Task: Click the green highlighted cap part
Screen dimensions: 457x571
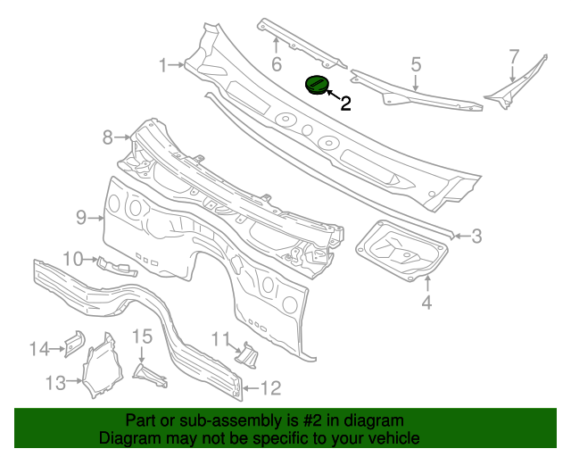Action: [x=317, y=85]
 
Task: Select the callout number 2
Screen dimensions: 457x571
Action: [x=345, y=104]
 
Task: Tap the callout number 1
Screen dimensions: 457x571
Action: [x=164, y=64]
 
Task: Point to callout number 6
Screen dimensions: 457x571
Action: [x=277, y=63]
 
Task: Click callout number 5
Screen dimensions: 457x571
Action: [x=416, y=63]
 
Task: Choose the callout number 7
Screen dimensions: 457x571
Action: [x=514, y=56]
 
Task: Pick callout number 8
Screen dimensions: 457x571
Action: [x=108, y=137]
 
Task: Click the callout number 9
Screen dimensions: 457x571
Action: [x=79, y=216]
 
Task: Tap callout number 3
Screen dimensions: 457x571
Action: [x=476, y=237]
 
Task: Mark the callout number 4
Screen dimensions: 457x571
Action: [x=426, y=303]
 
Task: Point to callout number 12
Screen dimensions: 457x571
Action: [x=270, y=387]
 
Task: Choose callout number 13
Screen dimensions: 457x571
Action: [x=55, y=383]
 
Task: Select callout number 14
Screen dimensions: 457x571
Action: [x=39, y=349]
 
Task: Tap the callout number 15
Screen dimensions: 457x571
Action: [x=143, y=337]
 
